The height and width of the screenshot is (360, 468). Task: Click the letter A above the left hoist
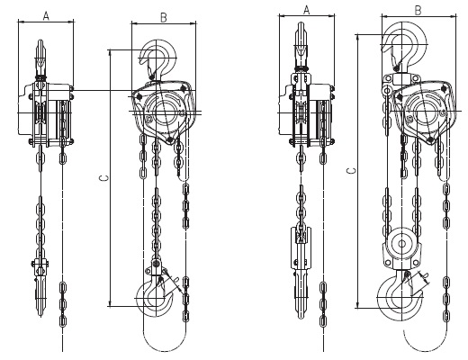click(x=46, y=16)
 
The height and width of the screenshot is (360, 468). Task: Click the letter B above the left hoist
click(x=164, y=18)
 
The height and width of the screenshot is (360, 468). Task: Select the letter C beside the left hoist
click(x=104, y=178)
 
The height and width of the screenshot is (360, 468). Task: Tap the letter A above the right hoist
click(x=306, y=10)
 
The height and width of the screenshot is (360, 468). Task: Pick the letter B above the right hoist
click(x=418, y=11)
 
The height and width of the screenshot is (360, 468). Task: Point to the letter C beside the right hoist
click(x=352, y=171)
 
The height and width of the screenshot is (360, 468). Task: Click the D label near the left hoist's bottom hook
click(x=176, y=279)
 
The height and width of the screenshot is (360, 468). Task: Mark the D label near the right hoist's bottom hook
click(x=425, y=275)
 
